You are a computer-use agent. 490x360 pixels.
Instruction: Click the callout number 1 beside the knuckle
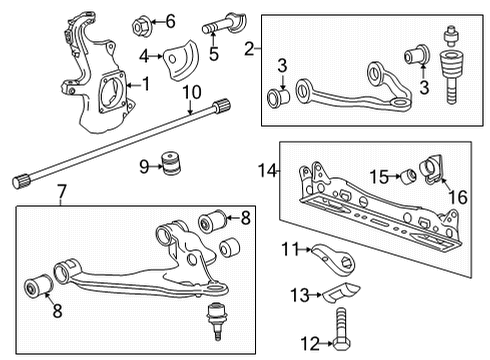click(x=147, y=86)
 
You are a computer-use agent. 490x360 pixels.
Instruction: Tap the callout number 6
click(x=170, y=20)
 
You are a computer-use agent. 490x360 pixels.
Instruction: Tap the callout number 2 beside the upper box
click(x=259, y=47)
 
